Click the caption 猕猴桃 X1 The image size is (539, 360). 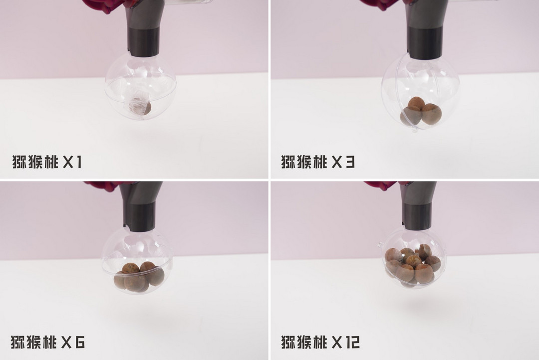click(47, 162)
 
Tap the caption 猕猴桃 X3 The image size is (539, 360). click(317, 162)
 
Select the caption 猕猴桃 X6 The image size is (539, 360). click(47, 342)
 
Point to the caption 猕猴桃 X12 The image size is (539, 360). click(320, 342)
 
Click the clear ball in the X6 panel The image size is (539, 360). click(137, 260)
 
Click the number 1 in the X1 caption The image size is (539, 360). click(78, 162)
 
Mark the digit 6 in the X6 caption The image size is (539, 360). click(80, 342)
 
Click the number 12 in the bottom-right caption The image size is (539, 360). click(352, 342)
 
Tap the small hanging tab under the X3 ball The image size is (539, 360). click(415, 129)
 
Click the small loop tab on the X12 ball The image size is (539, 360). click(380, 245)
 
